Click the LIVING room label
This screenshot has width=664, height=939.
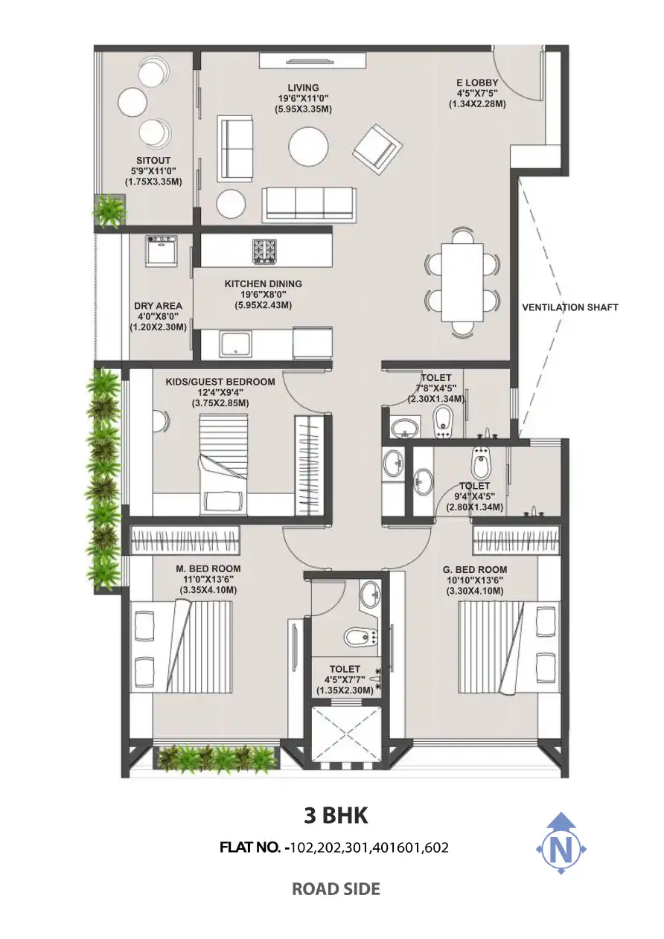coord(303,88)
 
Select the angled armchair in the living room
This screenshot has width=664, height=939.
coord(377,150)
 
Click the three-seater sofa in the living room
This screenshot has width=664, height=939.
coord(309,205)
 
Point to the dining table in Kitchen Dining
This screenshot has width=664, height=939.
coord(462,283)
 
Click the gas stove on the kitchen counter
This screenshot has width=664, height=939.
coord(264,251)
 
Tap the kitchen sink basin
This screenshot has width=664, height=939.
coord(236,344)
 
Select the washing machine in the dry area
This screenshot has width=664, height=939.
coord(161,250)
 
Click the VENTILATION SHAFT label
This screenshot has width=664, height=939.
coord(570,307)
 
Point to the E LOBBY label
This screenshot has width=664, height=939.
coord(477,83)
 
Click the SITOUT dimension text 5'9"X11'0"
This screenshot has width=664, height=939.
coord(153,171)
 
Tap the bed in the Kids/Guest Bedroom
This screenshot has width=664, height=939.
coord(223,464)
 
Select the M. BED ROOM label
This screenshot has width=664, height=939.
coord(208,569)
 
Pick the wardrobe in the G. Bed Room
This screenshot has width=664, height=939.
coord(517,539)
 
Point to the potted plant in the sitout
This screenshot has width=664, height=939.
coord(109,211)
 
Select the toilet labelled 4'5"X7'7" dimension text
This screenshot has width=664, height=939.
coord(345,679)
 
